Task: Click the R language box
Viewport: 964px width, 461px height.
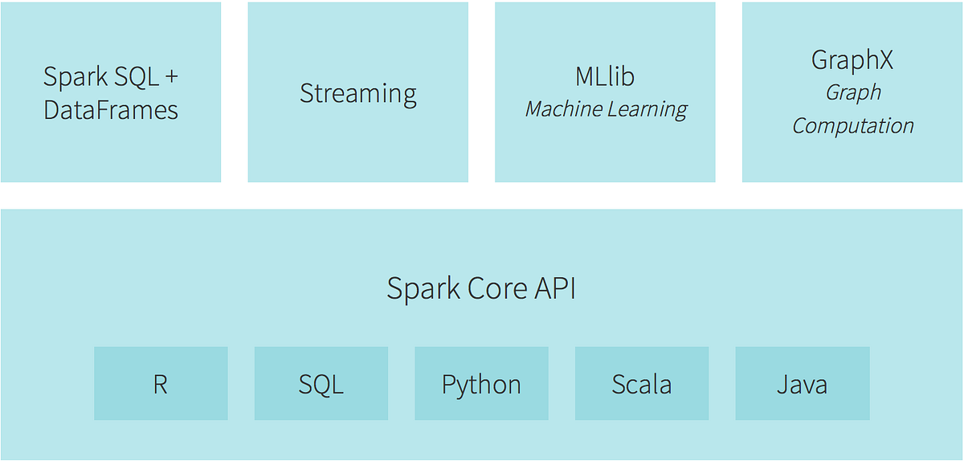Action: (161, 384)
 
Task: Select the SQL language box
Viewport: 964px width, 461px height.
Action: (321, 384)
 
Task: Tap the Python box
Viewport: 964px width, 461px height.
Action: (481, 384)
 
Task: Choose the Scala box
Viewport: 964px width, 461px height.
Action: (641, 384)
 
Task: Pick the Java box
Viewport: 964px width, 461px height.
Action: (802, 384)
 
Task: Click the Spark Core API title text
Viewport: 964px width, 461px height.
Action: (481, 288)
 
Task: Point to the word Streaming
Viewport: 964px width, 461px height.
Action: (357, 93)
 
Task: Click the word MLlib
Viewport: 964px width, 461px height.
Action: (605, 76)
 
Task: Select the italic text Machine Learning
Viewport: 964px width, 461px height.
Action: (606, 109)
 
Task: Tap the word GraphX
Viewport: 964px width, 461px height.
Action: (852, 60)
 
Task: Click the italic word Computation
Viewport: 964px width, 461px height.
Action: (852, 126)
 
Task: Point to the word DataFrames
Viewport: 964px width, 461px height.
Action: (111, 110)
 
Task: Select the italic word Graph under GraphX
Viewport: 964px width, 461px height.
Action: (853, 93)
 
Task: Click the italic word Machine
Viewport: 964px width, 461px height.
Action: (563, 109)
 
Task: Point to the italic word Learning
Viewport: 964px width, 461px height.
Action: (648, 110)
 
